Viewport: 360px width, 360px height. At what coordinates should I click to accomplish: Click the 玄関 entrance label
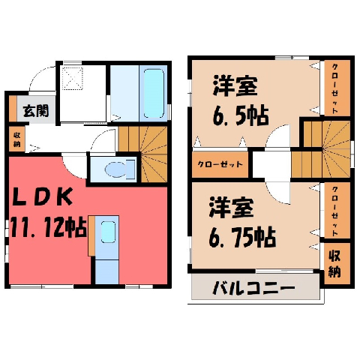pos(36,111)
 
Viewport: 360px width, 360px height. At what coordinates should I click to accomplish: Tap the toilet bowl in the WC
pos(115,169)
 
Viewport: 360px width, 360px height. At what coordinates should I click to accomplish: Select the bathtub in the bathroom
pos(154,94)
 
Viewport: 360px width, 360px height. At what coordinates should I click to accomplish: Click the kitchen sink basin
pos(108,232)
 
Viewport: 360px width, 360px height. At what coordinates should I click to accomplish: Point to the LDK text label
pos(43,196)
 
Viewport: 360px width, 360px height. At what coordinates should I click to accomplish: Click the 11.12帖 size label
pos(49,227)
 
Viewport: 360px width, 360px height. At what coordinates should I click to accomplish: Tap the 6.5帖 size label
pos(241,116)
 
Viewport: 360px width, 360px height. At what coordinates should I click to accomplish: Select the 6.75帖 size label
pos(242,237)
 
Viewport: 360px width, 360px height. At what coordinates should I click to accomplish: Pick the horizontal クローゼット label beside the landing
pos(220,164)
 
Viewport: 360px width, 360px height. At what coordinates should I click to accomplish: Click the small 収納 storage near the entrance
pos(17,139)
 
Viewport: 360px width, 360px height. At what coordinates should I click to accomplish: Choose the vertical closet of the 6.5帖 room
pos(337,88)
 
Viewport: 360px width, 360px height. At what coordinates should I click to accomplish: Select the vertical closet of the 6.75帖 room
pos(337,210)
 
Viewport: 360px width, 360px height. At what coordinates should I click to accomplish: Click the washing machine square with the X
pos(72,79)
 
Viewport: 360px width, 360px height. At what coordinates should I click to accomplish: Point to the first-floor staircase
pos(142,154)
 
